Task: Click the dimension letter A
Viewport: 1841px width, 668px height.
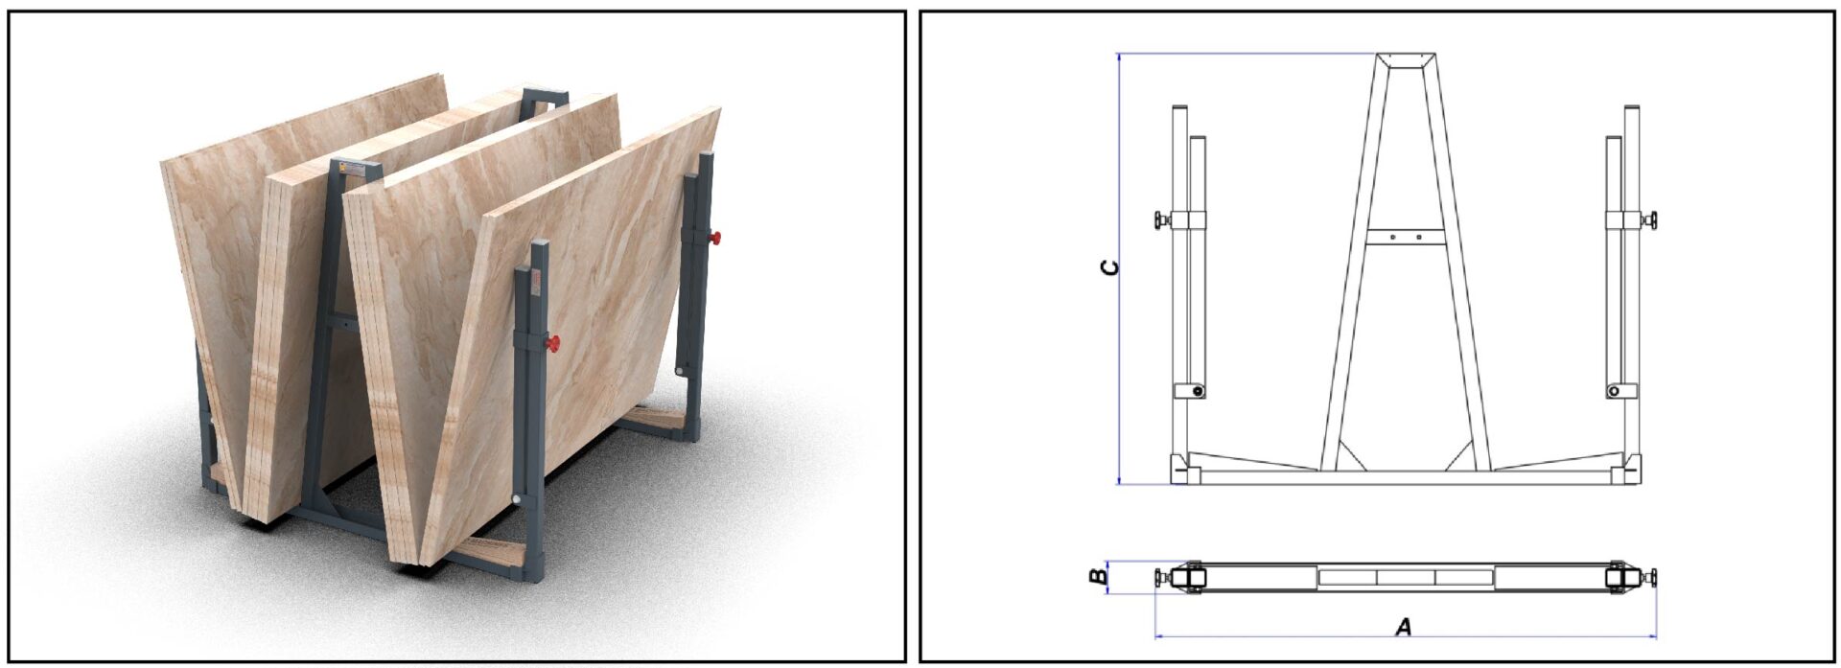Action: pos(1403,628)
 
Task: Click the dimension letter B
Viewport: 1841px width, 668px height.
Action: pos(1098,576)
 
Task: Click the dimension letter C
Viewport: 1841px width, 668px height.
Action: pos(1109,267)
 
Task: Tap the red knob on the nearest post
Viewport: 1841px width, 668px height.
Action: pos(553,343)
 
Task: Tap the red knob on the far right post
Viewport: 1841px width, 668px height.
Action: pos(715,238)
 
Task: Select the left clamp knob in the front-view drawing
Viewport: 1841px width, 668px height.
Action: pos(1162,220)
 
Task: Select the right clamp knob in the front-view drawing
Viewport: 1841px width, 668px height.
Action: pos(1651,220)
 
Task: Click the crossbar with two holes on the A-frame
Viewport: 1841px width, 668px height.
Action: pos(1406,236)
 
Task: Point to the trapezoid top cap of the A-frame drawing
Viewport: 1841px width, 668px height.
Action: pos(1406,60)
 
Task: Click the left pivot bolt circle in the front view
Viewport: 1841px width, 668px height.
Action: pos(1197,391)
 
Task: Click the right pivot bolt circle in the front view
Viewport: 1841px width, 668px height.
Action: pos(1614,391)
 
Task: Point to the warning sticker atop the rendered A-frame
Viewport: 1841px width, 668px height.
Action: pos(352,168)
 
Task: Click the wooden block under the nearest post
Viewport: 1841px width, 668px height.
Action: pos(492,553)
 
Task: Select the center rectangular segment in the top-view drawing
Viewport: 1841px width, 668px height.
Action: pos(1406,577)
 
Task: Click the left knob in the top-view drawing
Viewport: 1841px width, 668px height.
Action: pos(1161,577)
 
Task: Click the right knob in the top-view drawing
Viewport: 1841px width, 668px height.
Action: pos(1651,577)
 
